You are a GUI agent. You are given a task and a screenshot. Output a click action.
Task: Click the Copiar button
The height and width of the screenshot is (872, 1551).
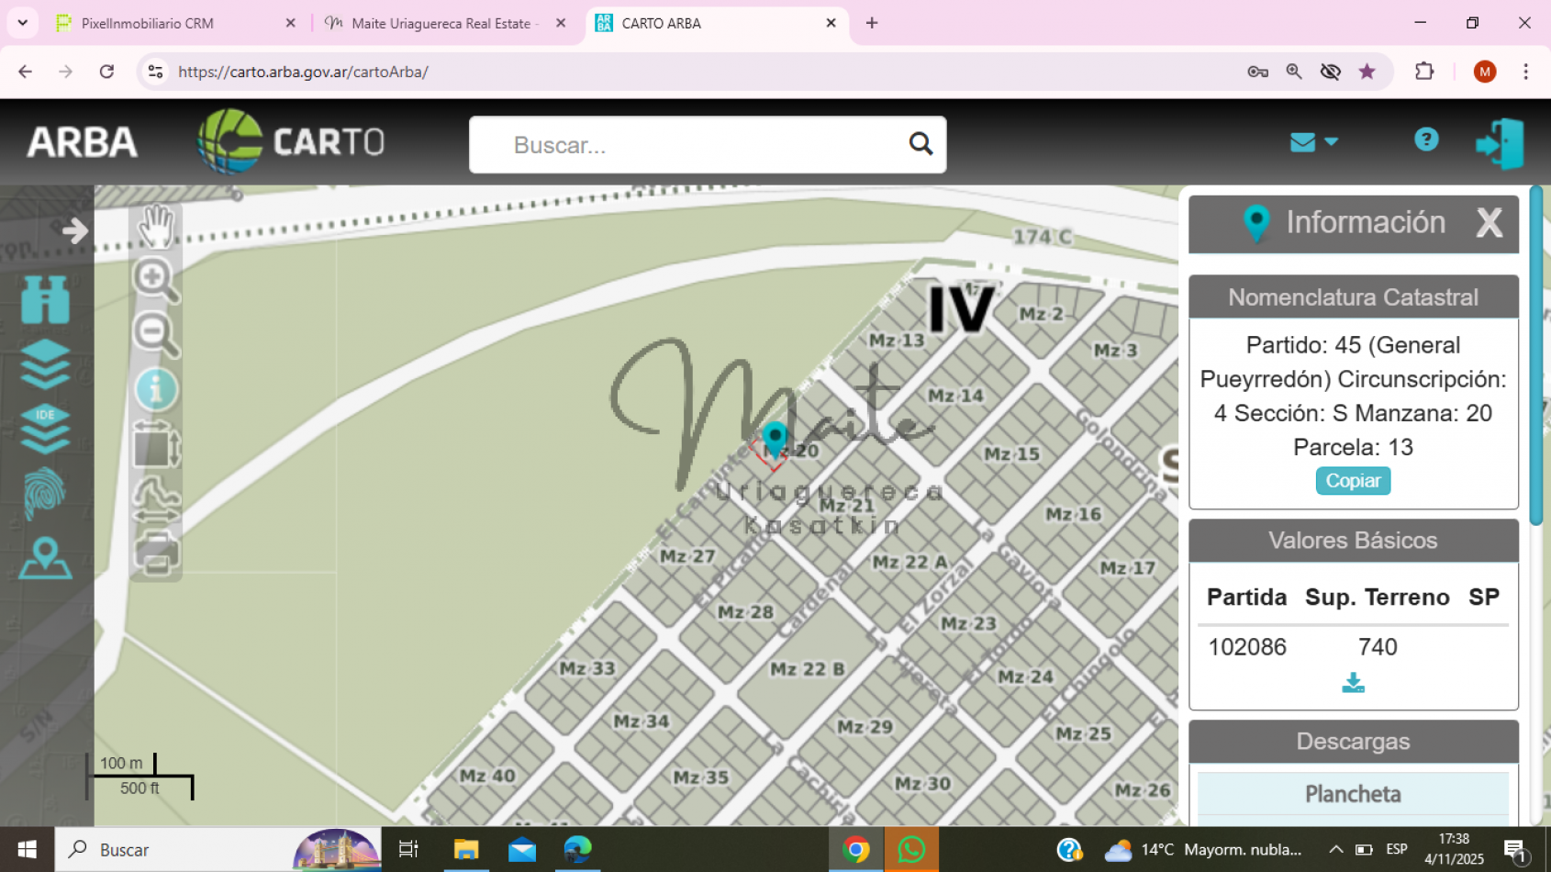pyautogui.click(x=1353, y=481)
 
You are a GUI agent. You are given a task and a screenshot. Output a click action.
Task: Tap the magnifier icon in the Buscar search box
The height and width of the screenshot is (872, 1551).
pyautogui.click(x=921, y=144)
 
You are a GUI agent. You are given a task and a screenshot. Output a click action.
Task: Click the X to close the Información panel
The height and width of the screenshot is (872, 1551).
pyautogui.click(x=1489, y=222)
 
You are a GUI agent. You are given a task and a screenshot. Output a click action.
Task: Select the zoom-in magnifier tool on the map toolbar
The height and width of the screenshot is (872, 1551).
pyautogui.click(x=155, y=279)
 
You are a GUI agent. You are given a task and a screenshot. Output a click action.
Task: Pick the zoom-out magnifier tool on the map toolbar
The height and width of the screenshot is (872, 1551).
pyautogui.click(x=155, y=333)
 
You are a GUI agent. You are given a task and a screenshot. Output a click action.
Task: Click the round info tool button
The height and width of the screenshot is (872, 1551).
pyautogui.click(x=156, y=390)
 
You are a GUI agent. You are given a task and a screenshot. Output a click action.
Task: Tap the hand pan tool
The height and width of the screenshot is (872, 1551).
pyautogui.click(x=156, y=226)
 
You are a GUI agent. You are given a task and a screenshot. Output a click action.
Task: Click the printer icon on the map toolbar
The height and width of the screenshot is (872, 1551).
pyautogui.click(x=156, y=553)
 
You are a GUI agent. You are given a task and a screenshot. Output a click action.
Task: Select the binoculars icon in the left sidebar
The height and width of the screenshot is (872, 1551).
pyautogui.click(x=45, y=299)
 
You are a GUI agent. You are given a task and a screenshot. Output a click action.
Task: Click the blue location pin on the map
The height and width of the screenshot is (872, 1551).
pyautogui.click(x=775, y=438)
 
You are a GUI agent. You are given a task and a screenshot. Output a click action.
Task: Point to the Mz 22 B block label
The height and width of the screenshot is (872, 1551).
pyautogui.click(x=807, y=669)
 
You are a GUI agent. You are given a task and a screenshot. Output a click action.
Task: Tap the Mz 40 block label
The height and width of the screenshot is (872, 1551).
pyautogui.click(x=487, y=776)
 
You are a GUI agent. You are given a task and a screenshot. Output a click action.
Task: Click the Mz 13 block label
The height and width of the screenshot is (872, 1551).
pyautogui.click(x=897, y=341)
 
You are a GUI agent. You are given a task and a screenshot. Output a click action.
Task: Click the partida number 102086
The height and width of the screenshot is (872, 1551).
pyautogui.click(x=1246, y=647)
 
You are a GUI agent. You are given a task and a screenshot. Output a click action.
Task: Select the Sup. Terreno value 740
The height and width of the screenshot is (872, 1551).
pyautogui.click(x=1378, y=647)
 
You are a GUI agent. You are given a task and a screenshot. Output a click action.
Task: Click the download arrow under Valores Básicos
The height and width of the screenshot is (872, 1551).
pyautogui.click(x=1353, y=683)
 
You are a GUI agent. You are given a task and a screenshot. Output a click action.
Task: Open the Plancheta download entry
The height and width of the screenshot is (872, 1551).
pyautogui.click(x=1353, y=794)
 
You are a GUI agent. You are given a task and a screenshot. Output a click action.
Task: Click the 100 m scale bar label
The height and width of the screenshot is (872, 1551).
pyautogui.click(x=121, y=763)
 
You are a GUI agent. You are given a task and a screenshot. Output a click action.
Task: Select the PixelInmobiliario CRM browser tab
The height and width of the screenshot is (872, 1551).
pyautogui.click(x=147, y=23)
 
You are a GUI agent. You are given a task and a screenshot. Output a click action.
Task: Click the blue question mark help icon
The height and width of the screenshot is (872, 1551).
pyautogui.click(x=1425, y=140)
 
